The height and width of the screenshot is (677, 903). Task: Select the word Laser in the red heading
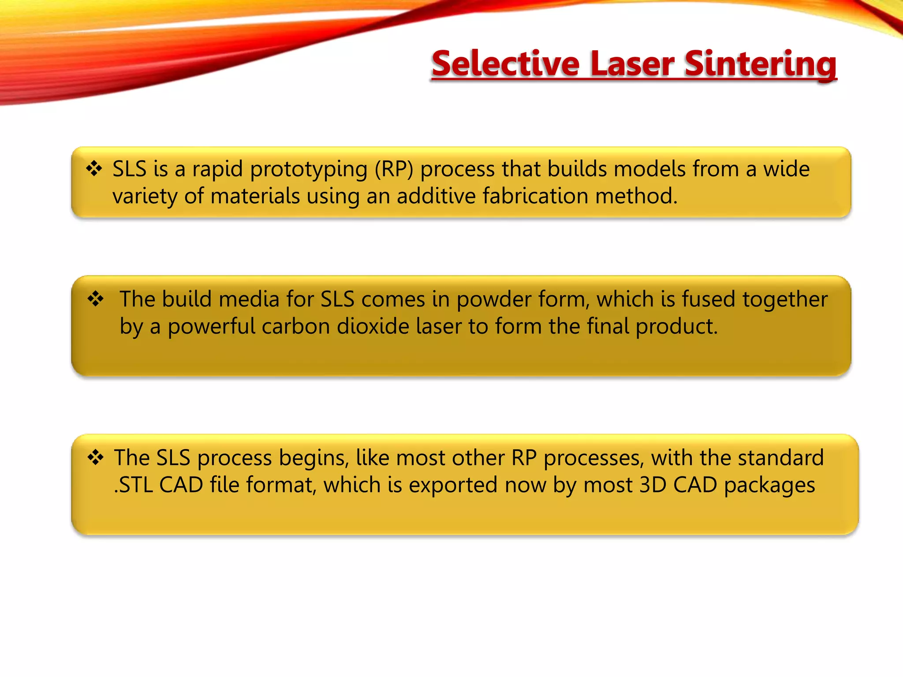[x=632, y=64]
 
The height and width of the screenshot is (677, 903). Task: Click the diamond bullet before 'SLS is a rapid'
[x=94, y=168]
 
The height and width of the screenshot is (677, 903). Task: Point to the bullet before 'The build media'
[x=96, y=299]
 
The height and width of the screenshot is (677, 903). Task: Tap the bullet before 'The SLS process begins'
[x=96, y=458]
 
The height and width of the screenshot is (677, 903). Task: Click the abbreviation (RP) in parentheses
[x=394, y=169]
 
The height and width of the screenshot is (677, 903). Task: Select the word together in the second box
[x=785, y=300]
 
